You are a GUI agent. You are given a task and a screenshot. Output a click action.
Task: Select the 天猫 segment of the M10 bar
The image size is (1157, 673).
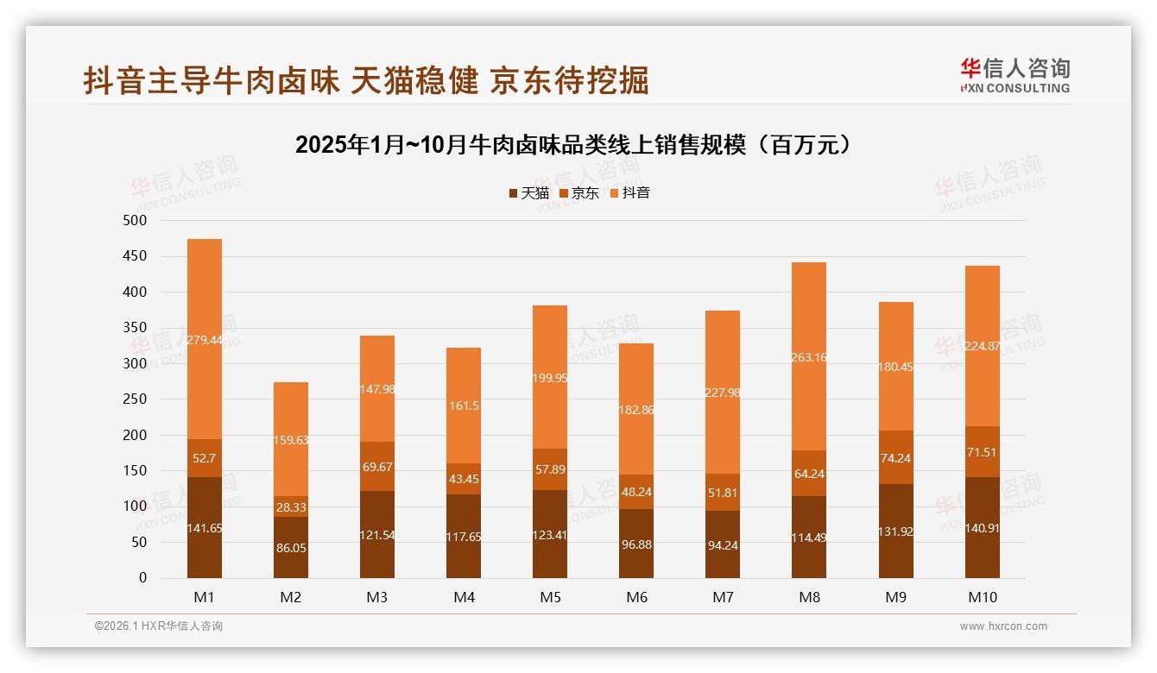982,527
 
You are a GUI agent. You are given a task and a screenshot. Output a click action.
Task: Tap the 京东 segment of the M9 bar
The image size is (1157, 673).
895,457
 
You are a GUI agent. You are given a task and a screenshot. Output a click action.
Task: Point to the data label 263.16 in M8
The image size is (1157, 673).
809,356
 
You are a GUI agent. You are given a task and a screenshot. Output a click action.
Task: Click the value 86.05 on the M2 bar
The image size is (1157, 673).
291,548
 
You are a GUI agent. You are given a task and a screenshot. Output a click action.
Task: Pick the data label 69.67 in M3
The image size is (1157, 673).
377,467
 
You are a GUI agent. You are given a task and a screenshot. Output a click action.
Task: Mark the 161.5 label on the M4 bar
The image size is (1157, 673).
464,406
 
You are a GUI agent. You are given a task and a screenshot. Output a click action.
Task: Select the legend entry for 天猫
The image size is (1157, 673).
528,193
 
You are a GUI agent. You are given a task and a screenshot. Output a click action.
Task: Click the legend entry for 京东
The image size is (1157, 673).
579,193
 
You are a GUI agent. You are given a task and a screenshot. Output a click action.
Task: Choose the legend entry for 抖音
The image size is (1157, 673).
629,193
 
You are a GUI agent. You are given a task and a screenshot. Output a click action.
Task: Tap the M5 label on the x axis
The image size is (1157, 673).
550,597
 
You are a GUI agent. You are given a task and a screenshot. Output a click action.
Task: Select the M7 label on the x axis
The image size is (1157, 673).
723,597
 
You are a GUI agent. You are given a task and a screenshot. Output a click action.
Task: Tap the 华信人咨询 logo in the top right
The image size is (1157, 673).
1015,75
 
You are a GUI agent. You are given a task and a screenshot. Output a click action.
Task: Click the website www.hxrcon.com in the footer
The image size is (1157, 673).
1003,626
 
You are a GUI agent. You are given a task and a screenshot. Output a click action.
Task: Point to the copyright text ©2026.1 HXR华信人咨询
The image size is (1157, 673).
159,626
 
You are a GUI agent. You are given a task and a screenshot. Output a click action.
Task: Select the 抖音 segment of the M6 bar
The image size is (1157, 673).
636,409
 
